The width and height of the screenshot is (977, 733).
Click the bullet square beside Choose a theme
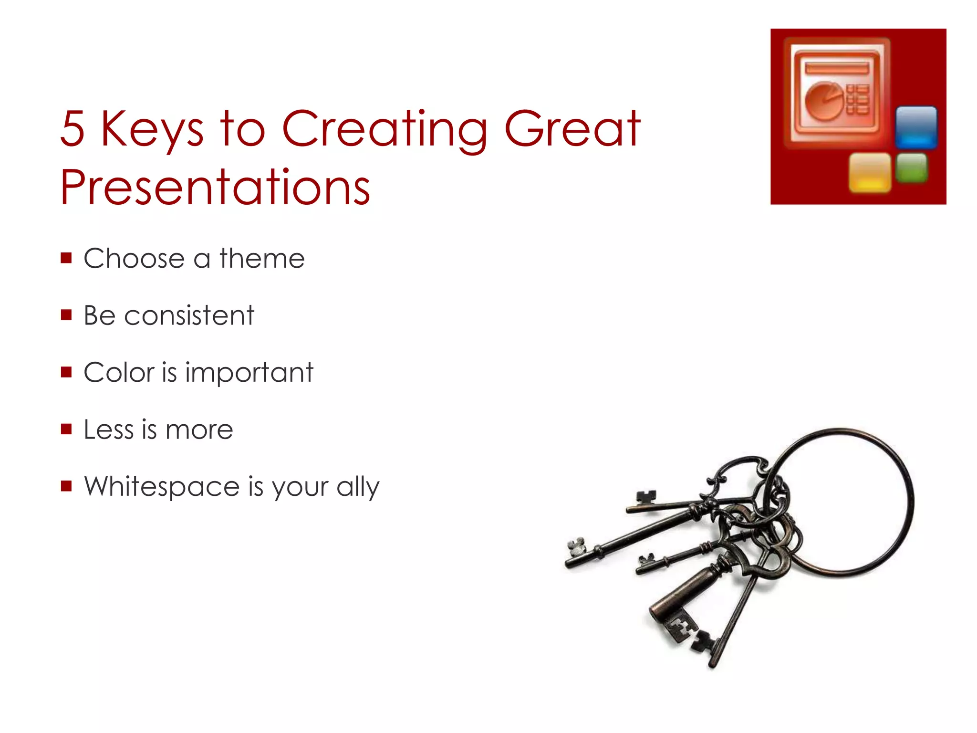66,258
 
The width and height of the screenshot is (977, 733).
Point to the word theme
262,259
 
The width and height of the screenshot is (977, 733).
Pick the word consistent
189,315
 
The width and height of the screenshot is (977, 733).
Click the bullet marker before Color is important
66,372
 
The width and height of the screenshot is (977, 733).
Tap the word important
249,373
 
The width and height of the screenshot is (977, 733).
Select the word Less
108,429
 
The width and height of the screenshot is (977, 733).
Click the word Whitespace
162,487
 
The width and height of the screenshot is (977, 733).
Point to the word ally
358,488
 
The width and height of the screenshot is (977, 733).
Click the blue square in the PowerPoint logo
916,127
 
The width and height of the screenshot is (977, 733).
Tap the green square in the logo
912,168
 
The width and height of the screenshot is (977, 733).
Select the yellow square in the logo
870,172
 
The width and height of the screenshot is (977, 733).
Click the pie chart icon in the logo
823,100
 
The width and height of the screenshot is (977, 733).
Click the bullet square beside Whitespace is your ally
66,486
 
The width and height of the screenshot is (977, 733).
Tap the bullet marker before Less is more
66,429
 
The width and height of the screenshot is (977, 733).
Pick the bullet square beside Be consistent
66,315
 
